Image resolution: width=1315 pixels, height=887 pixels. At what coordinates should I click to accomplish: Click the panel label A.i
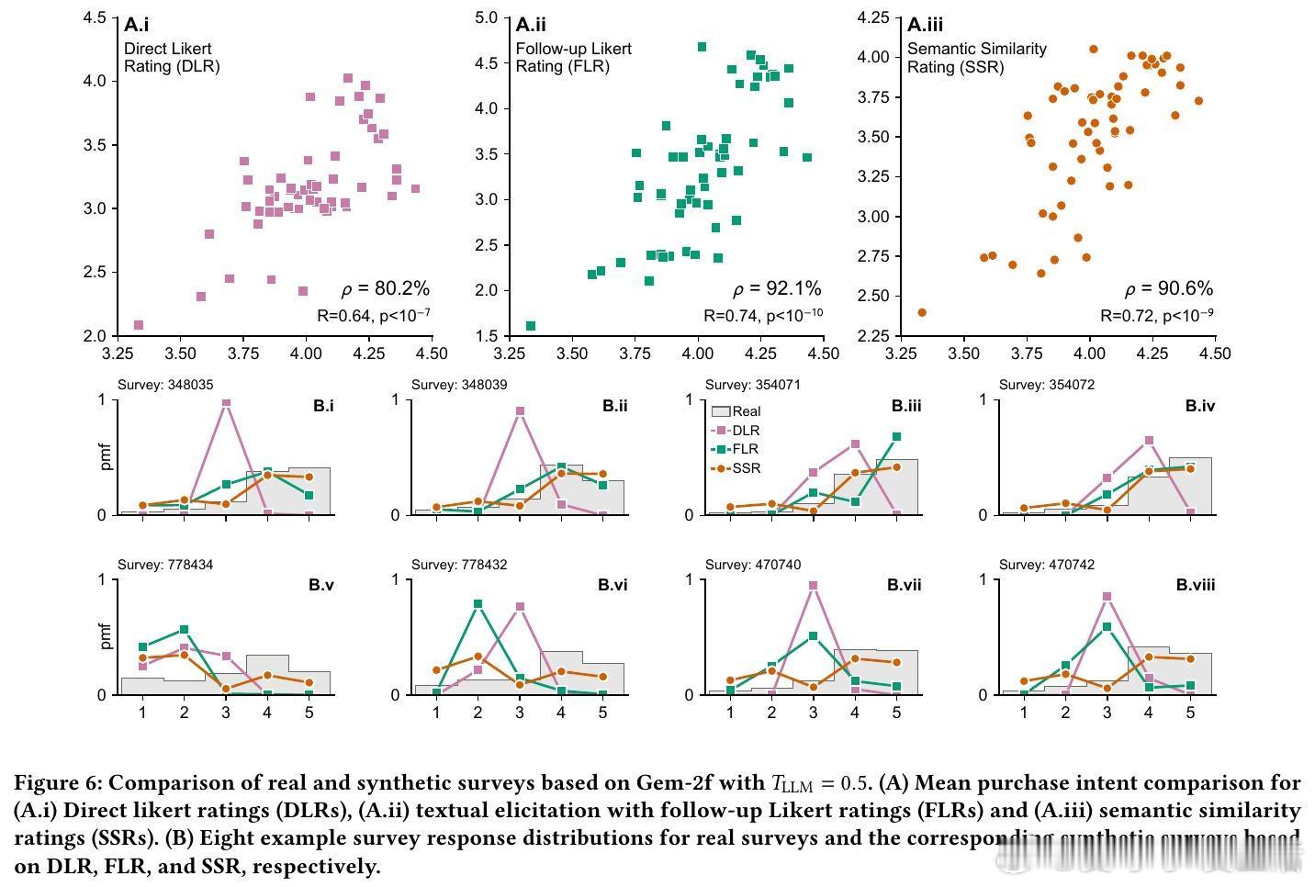click(x=136, y=25)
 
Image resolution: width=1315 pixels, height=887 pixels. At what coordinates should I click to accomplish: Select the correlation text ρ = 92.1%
click(x=777, y=289)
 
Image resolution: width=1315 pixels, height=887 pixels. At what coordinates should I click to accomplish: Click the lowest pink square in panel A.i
click(x=139, y=325)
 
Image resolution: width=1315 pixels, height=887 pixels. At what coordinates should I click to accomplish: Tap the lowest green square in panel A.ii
click(x=531, y=326)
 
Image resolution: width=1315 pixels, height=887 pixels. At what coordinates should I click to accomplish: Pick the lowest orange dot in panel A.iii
click(x=922, y=313)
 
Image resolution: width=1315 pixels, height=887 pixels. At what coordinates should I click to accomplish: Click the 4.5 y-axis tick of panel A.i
click(x=94, y=17)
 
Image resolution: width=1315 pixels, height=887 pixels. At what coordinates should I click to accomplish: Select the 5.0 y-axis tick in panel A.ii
click(x=486, y=17)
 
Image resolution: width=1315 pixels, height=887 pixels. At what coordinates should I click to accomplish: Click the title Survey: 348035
click(x=165, y=385)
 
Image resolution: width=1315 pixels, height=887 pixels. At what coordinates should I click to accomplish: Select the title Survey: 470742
click(x=1047, y=565)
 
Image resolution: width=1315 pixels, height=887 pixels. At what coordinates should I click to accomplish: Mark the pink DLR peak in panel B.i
click(x=226, y=402)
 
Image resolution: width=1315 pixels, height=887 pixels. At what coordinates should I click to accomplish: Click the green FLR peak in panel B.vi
click(x=478, y=604)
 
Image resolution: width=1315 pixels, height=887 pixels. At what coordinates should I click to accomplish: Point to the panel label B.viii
click(x=1196, y=585)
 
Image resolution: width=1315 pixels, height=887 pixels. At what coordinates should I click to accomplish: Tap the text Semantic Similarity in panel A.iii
click(x=976, y=49)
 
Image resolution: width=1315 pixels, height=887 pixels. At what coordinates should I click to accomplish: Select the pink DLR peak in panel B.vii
click(x=813, y=585)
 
